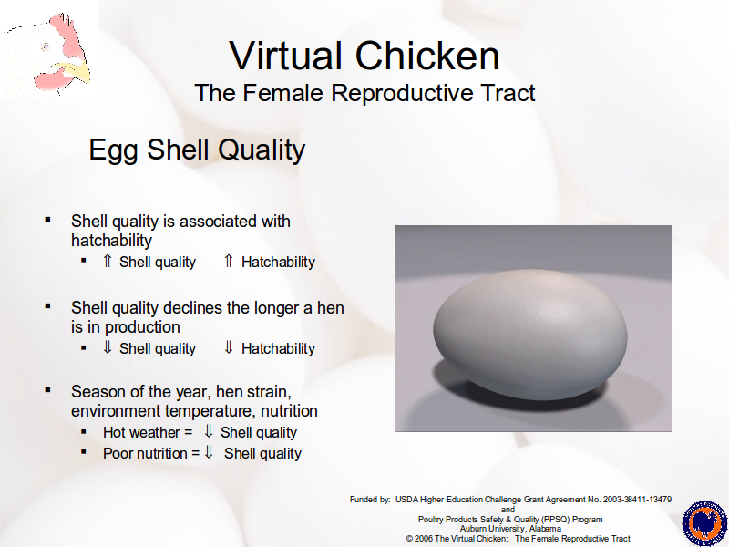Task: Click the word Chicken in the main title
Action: [427, 56]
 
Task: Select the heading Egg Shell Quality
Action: [197, 150]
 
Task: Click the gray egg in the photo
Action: [530, 335]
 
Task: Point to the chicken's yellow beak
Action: [76, 72]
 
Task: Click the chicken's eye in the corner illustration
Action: [46, 46]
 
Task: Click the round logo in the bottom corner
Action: [704, 523]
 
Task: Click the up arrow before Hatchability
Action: [229, 261]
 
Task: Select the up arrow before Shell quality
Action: [107, 261]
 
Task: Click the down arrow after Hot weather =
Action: [209, 431]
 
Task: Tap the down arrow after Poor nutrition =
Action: [209, 451]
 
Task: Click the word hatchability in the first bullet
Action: [111, 241]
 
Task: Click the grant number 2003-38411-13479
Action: [637, 500]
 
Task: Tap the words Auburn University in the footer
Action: [492, 529]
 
